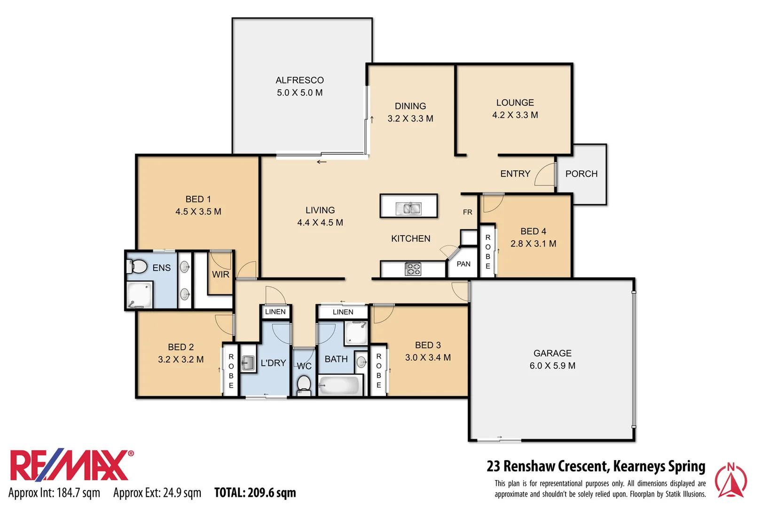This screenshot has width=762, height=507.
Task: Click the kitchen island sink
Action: [x=408, y=208]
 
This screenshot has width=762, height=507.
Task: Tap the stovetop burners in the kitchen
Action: [x=413, y=269]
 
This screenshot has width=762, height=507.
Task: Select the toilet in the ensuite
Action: [x=137, y=267]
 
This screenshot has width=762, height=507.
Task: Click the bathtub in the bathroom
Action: [x=339, y=386]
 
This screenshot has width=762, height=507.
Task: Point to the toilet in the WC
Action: [x=304, y=384]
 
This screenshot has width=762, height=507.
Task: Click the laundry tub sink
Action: [x=248, y=362]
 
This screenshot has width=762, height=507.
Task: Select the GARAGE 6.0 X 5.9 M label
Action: [x=552, y=359]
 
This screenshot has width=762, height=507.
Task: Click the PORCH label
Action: [x=581, y=174]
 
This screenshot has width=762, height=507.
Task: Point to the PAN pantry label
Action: [x=463, y=264]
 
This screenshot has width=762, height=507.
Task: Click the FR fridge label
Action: [x=467, y=212]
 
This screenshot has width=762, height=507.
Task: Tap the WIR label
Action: [x=220, y=274]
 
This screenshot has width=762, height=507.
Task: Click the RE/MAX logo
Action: [x=71, y=466]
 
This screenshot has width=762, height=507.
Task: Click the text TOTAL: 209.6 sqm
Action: [x=255, y=492]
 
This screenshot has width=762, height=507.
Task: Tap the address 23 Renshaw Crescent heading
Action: [x=596, y=466]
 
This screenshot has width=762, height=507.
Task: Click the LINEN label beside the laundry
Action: [x=275, y=312]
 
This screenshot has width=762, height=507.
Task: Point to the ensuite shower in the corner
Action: [x=139, y=295]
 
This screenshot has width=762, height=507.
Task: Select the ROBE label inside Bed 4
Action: [x=488, y=252]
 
